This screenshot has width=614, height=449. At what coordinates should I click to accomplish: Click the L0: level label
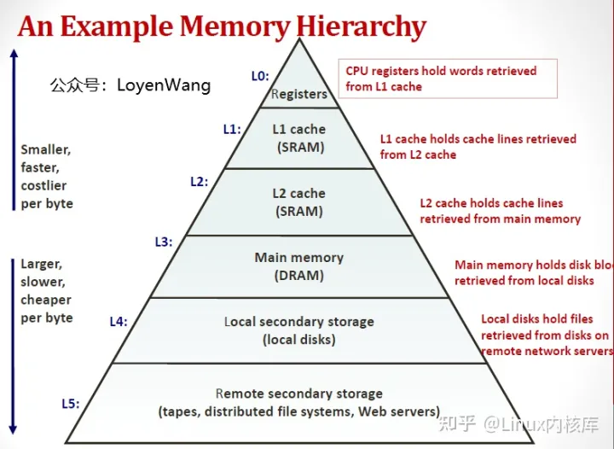pyautogui.click(x=260, y=76)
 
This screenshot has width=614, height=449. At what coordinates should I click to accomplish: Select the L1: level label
pyautogui.click(x=232, y=130)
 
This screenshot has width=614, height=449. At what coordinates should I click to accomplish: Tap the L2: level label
pyautogui.click(x=199, y=182)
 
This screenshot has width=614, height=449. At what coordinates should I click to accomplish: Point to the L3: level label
pyautogui.click(x=163, y=242)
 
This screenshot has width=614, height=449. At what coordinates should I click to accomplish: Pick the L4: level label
pyautogui.click(x=119, y=321)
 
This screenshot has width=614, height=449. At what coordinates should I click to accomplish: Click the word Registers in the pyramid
pyautogui.click(x=299, y=94)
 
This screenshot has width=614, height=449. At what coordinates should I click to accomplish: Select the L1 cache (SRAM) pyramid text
pyautogui.click(x=299, y=138)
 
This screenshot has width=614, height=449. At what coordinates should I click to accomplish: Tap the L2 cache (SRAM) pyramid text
pyautogui.click(x=299, y=202)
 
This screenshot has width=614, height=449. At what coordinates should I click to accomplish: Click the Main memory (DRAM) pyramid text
pyautogui.click(x=299, y=266)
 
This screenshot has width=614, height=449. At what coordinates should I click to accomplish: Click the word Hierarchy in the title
pyautogui.click(x=362, y=26)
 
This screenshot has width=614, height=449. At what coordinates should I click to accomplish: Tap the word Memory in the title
pyautogui.click(x=232, y=26)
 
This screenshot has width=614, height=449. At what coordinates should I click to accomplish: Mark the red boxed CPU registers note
pyautogui.click(x=447, y=79)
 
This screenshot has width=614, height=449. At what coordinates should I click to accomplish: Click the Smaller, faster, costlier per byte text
pyautogui.click(x=47, y=177)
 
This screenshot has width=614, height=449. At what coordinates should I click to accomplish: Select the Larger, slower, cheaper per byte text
pyautogui.click(x=47, y=290)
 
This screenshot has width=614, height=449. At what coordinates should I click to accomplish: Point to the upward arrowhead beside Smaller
pyautogui.click(x=14, y=53)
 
